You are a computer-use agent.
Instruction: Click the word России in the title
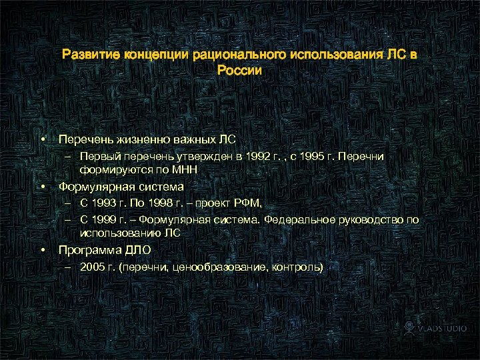[239, 69]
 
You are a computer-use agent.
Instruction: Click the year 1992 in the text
[258, 157]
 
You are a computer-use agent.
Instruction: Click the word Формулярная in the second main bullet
[96, 187]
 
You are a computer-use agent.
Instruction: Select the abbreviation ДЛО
[136, 250]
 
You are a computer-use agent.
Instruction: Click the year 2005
[91, 267]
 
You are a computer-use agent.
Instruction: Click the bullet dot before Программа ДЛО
[42, 250]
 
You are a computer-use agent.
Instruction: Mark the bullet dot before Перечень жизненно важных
[42, 139]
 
